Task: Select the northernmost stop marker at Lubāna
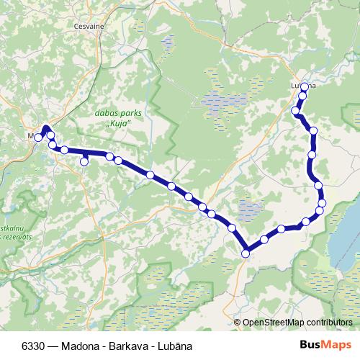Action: point(305,86)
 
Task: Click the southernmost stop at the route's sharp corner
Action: point(246,253)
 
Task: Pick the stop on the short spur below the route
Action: point(84,162)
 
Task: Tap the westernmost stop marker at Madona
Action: point(38,138)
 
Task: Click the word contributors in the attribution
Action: point(328,323)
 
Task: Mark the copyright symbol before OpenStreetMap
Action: point(238,323)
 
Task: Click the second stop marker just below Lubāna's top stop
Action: point(303,96)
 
